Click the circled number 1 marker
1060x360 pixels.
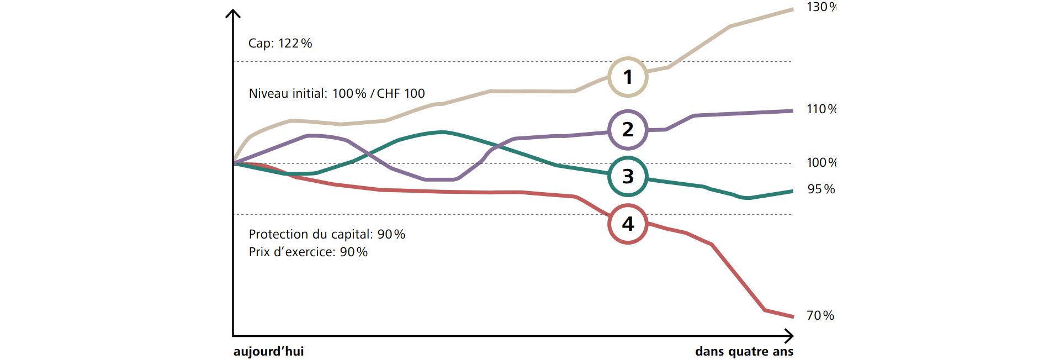click(628, 77)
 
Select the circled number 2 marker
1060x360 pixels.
click(628, 130)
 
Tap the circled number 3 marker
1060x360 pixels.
click(628, 177)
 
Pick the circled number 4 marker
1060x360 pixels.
click(628, 224)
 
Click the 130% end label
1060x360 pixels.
click(821, 7)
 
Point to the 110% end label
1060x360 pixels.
click(821, 109)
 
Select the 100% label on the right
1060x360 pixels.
click(821, 163)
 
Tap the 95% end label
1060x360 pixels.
click(821, 189)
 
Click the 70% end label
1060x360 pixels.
click(820, 316)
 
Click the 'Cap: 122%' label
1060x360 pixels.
click(280, 43)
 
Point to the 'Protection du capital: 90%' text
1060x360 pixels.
click(327, 235)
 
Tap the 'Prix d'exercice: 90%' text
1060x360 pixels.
click(308, 252)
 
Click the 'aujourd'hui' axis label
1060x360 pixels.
click(268, 352)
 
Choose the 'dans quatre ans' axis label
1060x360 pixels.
click(744, 352)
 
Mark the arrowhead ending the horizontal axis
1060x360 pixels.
click(791, 336)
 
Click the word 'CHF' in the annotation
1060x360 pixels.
click(388, 94)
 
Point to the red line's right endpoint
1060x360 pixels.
click(793, 317)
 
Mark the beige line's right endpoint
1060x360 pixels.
click(793, 9)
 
